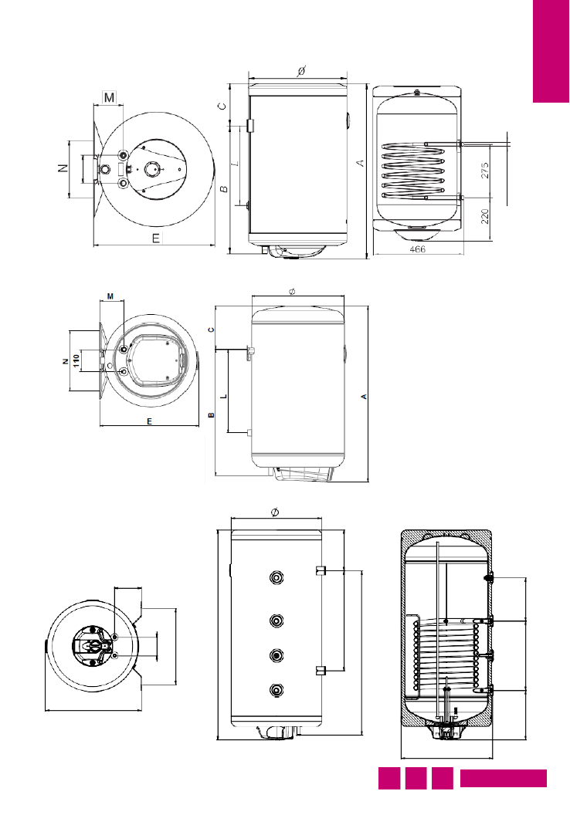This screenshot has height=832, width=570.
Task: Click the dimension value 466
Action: pyautogui.click(x=417, y=250)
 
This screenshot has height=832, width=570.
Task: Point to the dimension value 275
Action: pyautogui.click(x=484, y=171)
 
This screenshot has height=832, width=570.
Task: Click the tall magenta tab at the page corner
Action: pyautogui.click(x=551, y=51)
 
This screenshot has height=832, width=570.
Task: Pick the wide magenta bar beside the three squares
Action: pyautogui.click(x=504, y=779)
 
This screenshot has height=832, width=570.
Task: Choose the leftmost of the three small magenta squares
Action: pyautogui.click(x=388, y=779)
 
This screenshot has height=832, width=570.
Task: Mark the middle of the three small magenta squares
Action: pyautogui.click(x=416, y=779)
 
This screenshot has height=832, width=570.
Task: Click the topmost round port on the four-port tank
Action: pyautogui.click(x=277, y=577)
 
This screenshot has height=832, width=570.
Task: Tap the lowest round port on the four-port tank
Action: pyautogui.click(x=277, y=690)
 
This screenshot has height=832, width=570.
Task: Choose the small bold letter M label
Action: pyautogui.click(x=110, y=296)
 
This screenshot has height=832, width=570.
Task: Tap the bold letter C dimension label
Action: pyautogui.click(x=210, y=330)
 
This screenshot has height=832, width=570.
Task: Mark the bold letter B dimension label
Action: pyautogui.click(x=210, y=415)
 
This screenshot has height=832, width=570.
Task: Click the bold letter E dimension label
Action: pyautogui.click(x=149, y=421)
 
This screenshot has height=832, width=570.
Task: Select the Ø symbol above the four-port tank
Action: pyautogui.click(x=275, y=512)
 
